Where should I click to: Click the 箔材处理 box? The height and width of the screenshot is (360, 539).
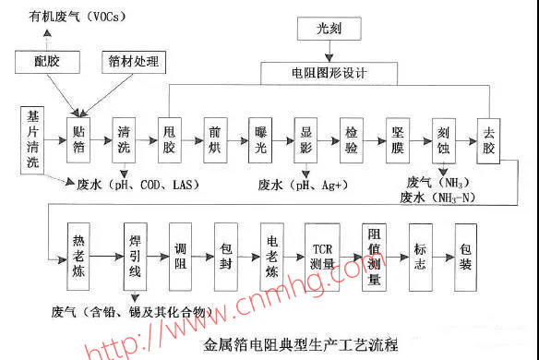pos(131,62)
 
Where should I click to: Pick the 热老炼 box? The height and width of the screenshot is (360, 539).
pos(83,247)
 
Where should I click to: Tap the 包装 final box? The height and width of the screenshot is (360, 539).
pos(466,247)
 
